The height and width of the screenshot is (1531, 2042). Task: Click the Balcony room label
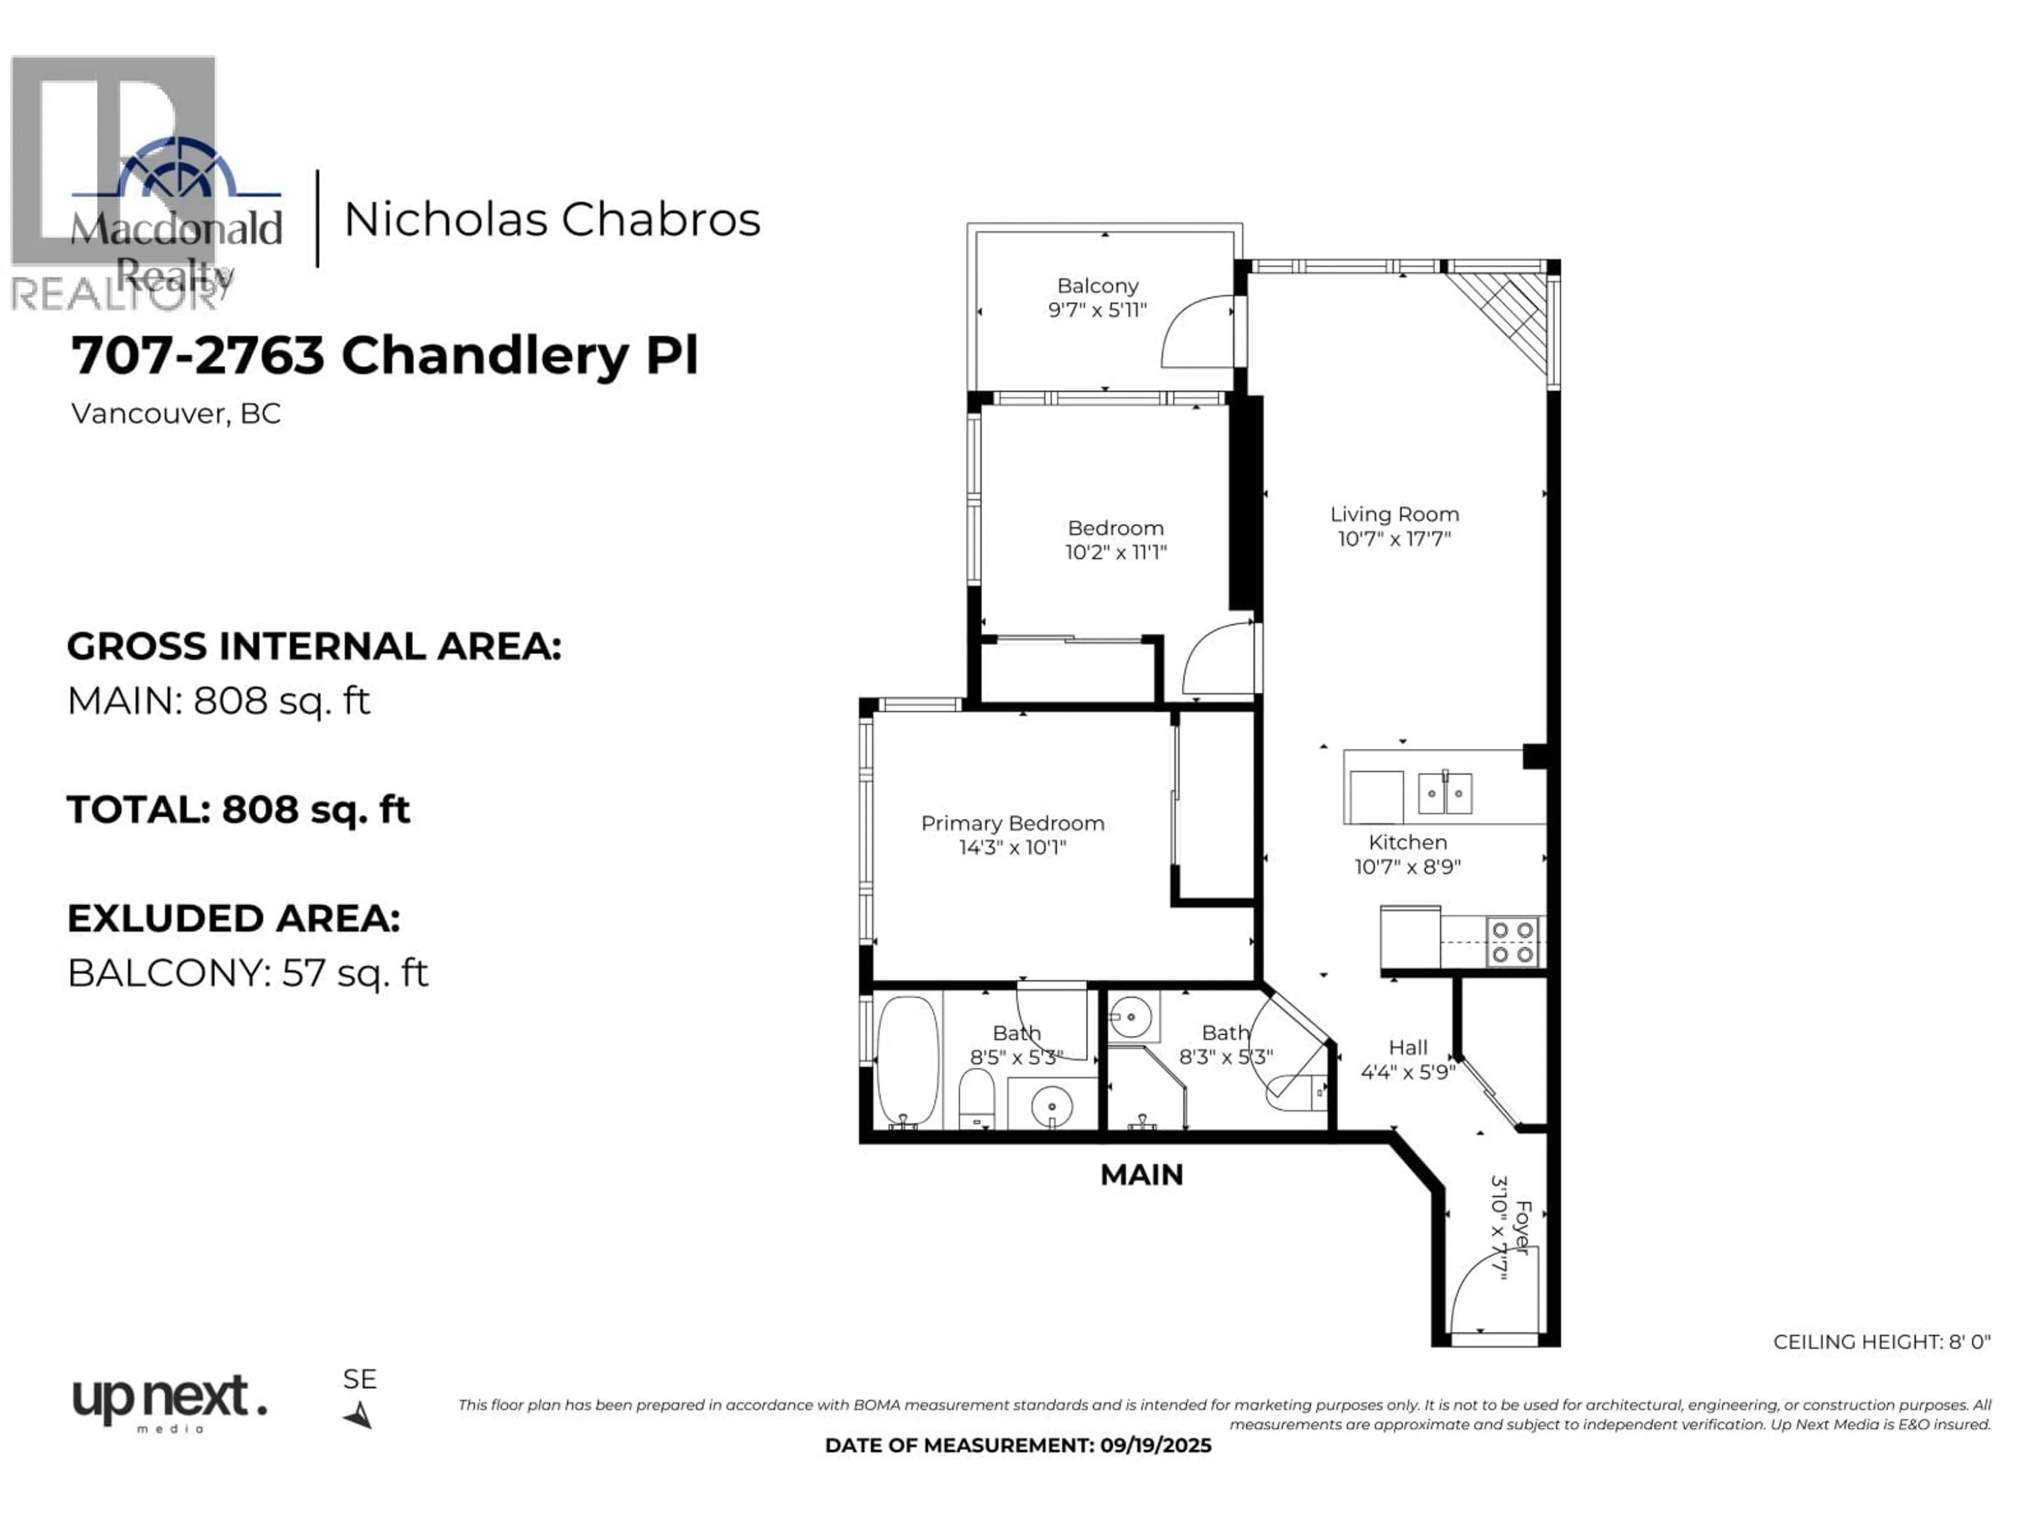coord(1098,286)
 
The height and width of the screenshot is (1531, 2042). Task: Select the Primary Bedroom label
coord(1012,823)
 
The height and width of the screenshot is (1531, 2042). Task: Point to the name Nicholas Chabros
coord(552,220)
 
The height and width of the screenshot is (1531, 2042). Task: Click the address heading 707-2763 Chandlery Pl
coord(385,355)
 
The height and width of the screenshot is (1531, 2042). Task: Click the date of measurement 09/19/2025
coord(1155,1446)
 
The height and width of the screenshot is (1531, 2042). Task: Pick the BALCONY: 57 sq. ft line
coord(247,973)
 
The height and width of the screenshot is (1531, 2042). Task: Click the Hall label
coord(1408,1047)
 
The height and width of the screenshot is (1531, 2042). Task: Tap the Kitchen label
coord(1408,843)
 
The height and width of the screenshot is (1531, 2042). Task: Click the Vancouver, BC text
coord(175,414)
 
